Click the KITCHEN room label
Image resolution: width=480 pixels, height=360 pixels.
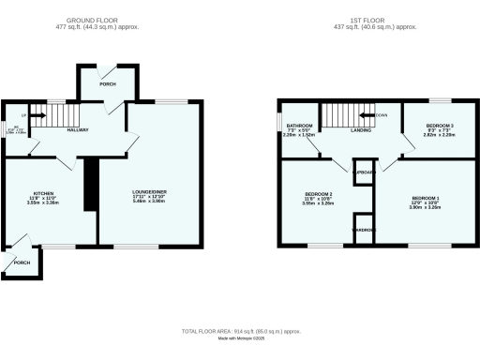43,193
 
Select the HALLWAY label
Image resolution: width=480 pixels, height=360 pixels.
77,129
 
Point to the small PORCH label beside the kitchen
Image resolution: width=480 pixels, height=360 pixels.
22,262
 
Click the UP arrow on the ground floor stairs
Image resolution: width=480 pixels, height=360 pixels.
39,116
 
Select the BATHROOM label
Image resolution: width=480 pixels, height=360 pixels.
299,125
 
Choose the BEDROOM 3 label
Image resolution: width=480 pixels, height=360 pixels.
440,125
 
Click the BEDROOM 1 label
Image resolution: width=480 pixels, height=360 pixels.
426,198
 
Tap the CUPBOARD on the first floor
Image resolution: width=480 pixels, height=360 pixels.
364,173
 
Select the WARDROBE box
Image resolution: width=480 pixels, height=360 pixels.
363,228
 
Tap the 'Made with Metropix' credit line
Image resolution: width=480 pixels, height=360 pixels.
240,344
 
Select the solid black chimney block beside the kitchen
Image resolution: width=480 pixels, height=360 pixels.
91,184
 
